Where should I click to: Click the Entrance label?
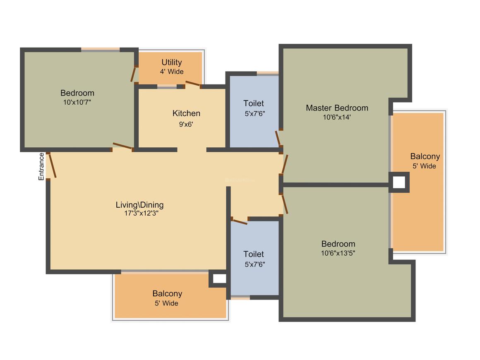[x=41, y=166]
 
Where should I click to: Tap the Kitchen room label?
[x=186, y=113]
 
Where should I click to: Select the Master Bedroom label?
[x=337, y=108]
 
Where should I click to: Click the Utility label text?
[x=171, y=62]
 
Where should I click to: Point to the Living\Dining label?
[x=139, y=205]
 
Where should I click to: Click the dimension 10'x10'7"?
[x=77, y=102]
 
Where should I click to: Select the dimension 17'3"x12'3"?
[x=141, y=213]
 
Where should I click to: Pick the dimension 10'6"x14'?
[x=337, y=117]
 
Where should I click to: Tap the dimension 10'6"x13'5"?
[x=338, y=253]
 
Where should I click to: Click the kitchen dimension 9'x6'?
[x=186, y=124]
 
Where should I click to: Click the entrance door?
[x=53, y=165]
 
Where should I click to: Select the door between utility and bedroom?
[x=133, y=74]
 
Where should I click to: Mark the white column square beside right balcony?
[x=398, y=182]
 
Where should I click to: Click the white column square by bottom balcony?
[x=219, y=278]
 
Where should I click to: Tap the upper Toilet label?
[x=254, y=103]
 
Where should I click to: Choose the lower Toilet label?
[x=254, y=254]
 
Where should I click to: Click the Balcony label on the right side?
[x=425, y=156]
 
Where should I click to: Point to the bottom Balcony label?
[x=167, y=293]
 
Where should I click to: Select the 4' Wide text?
[x=172, y=72]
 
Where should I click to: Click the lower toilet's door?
[x=239, y=221]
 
